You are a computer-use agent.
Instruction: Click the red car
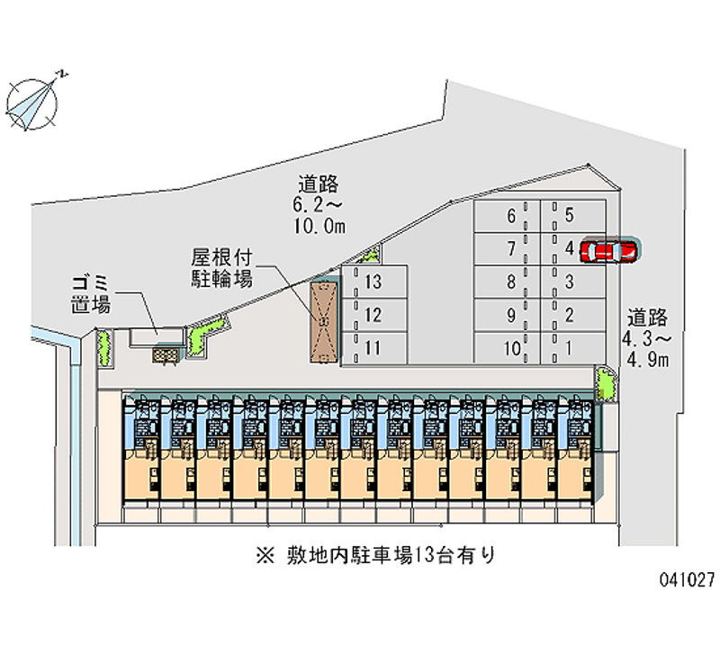click(x=609, y=251)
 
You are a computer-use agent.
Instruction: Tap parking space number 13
click(x=374, y=282)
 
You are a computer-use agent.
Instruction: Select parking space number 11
click(x=374, y=347)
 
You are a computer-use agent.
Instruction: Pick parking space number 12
click(x=374, y=315)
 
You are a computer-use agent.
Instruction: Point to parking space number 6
click(x=509, y=216)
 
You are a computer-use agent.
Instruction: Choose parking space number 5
click(x=571, y=216)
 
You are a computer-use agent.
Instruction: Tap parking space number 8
click(x=509, y=282)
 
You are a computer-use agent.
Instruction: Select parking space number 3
click(x=571, y=282)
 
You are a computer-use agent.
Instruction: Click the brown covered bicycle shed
click(x=324, y=321)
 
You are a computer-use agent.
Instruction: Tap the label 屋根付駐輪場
click(x=221, y=265)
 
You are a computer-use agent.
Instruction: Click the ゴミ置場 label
click(x=92, y=294)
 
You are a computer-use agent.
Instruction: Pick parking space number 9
click(x=509, y=315)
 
